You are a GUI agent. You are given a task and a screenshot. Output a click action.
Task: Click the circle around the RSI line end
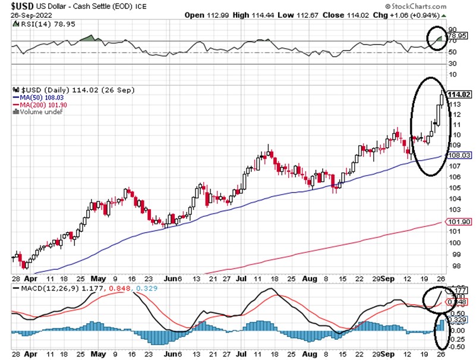pos(438,38)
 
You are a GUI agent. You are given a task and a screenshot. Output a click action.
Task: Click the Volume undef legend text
pos(39,112)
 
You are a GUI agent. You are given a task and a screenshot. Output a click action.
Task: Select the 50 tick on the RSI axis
pos(452,52)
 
